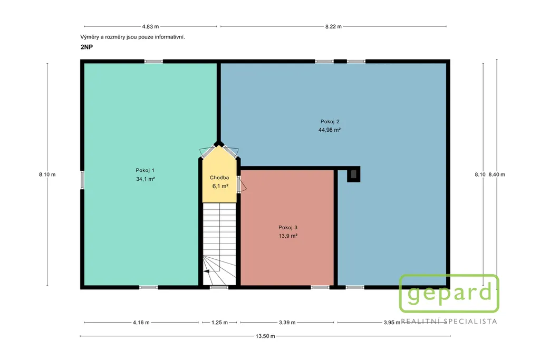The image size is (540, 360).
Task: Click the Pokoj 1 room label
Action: click(x=145, y=170)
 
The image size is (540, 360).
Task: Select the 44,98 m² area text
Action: click(x=330, y=130)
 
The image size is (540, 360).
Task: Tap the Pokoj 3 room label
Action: click(x=288, y=227)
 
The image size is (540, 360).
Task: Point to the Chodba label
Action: click(x=219, y=178)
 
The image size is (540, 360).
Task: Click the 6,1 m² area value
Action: click(x=220, y=186)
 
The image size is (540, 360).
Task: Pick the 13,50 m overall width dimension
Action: click(x=265, y=336)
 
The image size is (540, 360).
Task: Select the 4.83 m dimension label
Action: click(x=150, y=26)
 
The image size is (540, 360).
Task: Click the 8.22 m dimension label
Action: click(x=333, y=26)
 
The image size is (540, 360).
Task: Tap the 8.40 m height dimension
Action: click(x=497, y=174)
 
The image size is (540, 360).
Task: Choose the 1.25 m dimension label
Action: click(x=220, y=323)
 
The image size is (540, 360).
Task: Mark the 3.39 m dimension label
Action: click(x=287, y=323)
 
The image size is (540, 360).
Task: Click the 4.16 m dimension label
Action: click(x=141, y=323)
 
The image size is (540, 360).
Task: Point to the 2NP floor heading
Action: click(x=87, y=47)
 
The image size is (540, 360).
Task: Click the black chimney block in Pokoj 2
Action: click(x=354, y=174)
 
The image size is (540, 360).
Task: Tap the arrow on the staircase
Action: click(x=206, y=271)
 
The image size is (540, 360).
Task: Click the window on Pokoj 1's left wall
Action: click(x=82, y=180)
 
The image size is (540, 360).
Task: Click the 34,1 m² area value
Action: click(x=146, y=179)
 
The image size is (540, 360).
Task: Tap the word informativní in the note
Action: click(x=170, y=37)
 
